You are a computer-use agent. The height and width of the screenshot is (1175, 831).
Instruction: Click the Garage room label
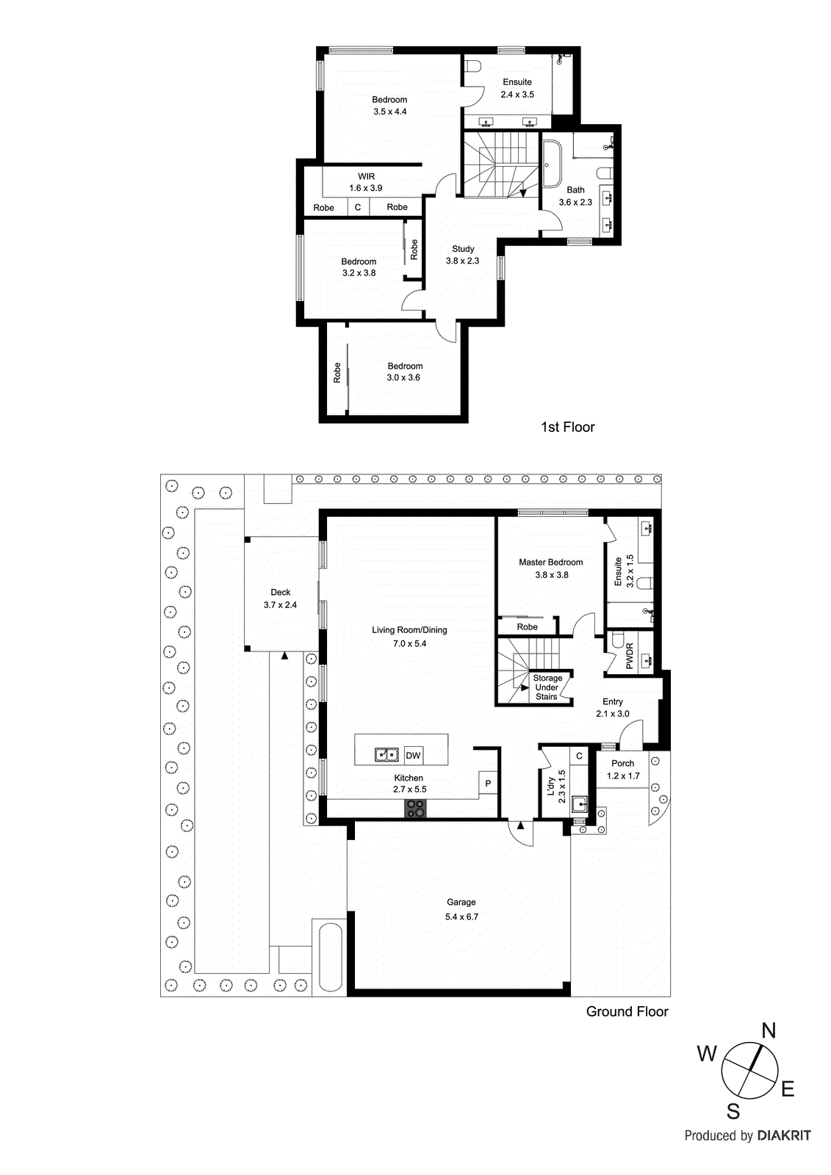[461, 902]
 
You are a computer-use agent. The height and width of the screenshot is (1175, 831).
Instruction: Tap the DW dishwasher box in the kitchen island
[413, 755]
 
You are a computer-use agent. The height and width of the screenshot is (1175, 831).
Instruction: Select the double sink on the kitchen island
[386, 754]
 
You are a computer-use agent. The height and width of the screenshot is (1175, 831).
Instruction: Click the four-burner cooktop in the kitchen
[415, 808]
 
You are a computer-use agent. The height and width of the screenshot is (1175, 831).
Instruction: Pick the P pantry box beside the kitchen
[488, 784]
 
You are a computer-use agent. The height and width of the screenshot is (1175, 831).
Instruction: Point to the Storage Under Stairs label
[547, 687]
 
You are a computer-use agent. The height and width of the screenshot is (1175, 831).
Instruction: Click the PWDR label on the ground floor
[630, 656]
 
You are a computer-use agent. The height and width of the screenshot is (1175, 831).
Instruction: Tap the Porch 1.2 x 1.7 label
[623, 770]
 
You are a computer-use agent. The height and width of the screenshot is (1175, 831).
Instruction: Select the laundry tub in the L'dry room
[579, 804]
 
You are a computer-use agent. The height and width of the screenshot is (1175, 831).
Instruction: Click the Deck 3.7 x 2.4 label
[280, 598]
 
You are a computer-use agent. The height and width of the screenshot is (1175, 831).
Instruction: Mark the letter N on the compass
[769, 1031]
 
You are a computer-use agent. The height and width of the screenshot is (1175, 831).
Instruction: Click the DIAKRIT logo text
[784, 1135]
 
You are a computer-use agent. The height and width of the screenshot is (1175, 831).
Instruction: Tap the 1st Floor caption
[567, 427]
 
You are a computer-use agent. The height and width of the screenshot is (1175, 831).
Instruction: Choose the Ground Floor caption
[627, 1011]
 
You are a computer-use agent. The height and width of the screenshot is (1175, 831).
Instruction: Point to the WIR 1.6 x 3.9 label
[366, 182]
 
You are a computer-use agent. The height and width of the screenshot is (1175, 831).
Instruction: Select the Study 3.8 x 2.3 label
[463, 254]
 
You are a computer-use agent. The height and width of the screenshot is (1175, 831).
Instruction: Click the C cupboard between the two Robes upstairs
[358, 207]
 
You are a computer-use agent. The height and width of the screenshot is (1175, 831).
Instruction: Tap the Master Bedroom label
[550, 562]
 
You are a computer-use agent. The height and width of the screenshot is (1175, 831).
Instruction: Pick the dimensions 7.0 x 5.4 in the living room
[409, 643]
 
